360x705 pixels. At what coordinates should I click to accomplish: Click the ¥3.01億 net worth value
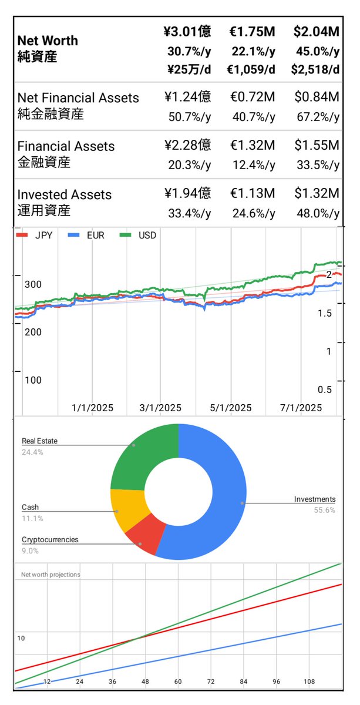187,32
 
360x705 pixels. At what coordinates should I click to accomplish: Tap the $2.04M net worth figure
315,32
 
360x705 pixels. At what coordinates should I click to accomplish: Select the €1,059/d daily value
251,70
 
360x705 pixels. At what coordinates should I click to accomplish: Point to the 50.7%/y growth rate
189,116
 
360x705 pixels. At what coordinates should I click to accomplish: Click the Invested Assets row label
64,194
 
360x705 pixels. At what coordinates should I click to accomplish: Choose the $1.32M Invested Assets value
315,193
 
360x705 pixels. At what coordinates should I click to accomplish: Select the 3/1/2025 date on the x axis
160,408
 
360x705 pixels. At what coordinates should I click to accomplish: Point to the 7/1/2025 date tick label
300,408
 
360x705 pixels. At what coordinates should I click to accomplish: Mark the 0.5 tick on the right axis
325,389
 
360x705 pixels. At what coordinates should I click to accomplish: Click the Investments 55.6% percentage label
325,510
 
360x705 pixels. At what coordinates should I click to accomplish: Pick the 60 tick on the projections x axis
177,681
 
